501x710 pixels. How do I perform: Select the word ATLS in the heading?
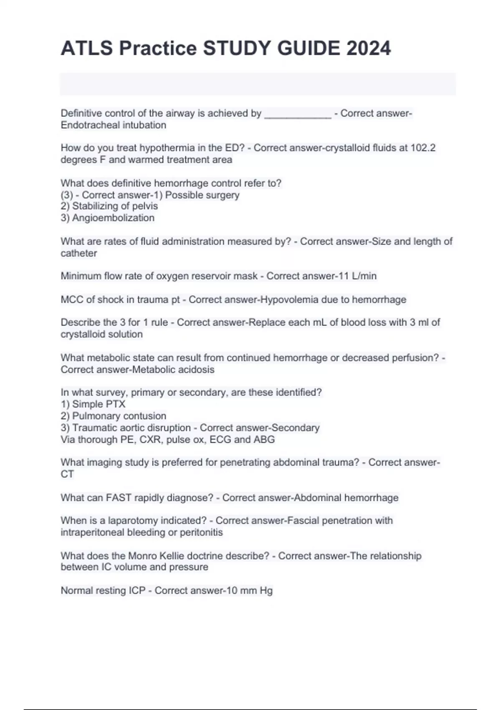pos(87,48)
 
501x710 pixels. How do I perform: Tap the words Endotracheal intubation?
pos(113,125)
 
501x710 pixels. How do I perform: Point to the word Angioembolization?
pos(113,218)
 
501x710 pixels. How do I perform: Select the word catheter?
pos(79,254)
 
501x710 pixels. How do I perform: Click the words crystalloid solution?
pos(101,335)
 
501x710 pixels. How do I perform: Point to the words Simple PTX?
pos(99,404)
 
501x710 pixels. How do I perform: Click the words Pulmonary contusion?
pos(119,416)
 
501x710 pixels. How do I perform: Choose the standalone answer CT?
pos(67,474)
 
